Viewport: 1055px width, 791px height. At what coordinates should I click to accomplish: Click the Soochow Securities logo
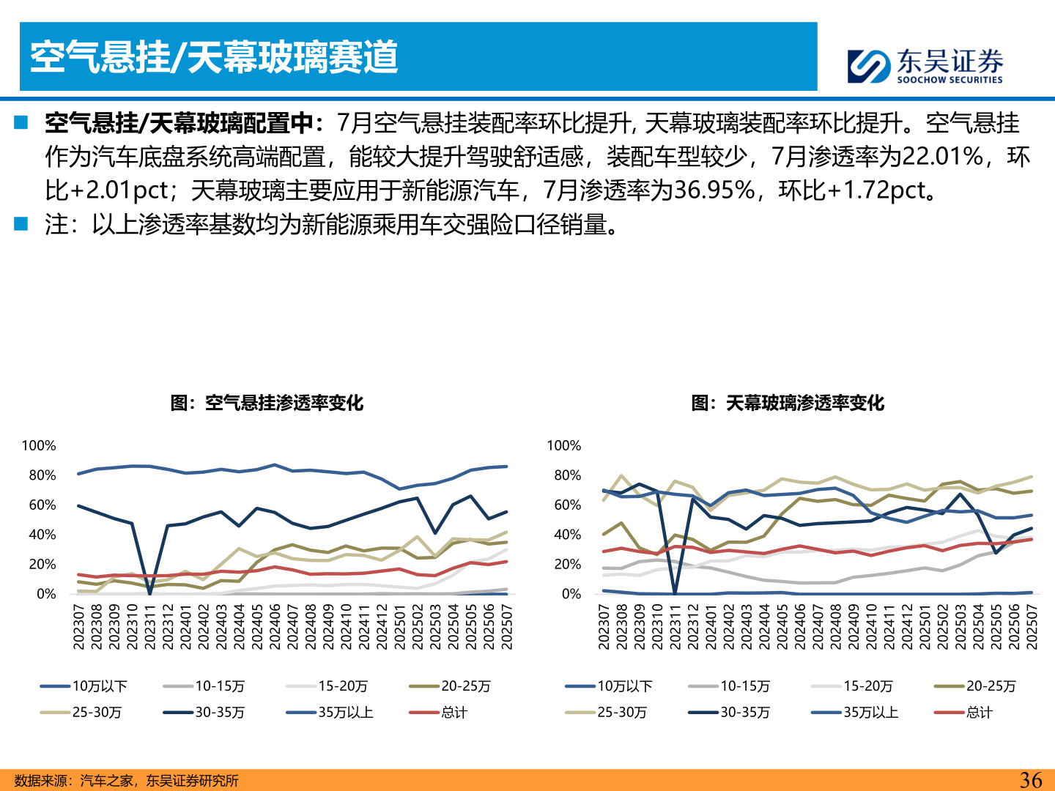pos(925,66)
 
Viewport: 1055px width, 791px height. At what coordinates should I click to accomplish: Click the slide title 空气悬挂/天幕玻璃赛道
pos(214,57)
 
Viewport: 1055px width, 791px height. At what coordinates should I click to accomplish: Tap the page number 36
pos(1030,780)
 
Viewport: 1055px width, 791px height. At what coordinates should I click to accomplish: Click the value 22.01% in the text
pos(942,157)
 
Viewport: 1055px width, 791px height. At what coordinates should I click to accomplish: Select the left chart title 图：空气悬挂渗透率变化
pos(267,403)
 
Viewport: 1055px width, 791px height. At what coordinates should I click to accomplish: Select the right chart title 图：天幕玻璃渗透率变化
pos(788,403)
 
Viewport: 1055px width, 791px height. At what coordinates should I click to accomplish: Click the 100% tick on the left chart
pos(39,445)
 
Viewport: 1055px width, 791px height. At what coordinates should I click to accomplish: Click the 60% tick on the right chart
pos(567,505)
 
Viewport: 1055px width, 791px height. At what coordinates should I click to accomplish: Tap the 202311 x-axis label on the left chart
pos(150,626)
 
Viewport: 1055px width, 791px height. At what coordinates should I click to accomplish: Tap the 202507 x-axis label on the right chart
pos(1032,626)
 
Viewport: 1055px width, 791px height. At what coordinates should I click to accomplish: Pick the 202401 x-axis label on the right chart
pos(711,626)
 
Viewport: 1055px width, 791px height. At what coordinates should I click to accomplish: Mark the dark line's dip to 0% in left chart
pos(150,593)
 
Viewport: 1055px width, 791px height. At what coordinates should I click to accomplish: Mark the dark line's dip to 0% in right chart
pos(675,593)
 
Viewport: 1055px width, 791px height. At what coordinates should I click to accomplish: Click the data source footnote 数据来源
pos(126,781)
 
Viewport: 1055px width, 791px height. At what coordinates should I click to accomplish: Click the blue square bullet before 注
pos(21,223)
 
